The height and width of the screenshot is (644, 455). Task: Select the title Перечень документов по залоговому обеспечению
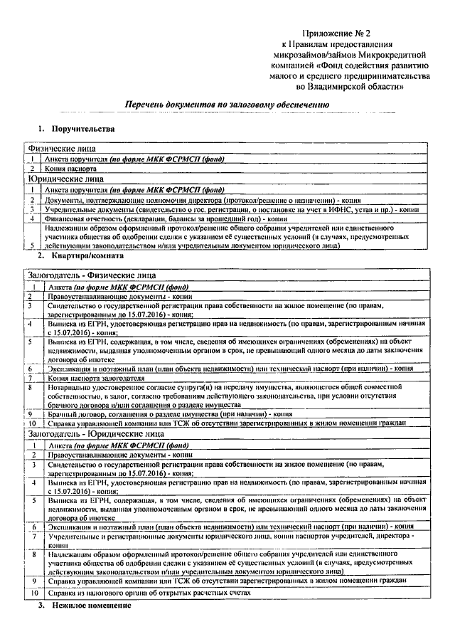click(x=227, y=104)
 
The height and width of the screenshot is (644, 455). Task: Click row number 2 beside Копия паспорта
click(x=32, y=170)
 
